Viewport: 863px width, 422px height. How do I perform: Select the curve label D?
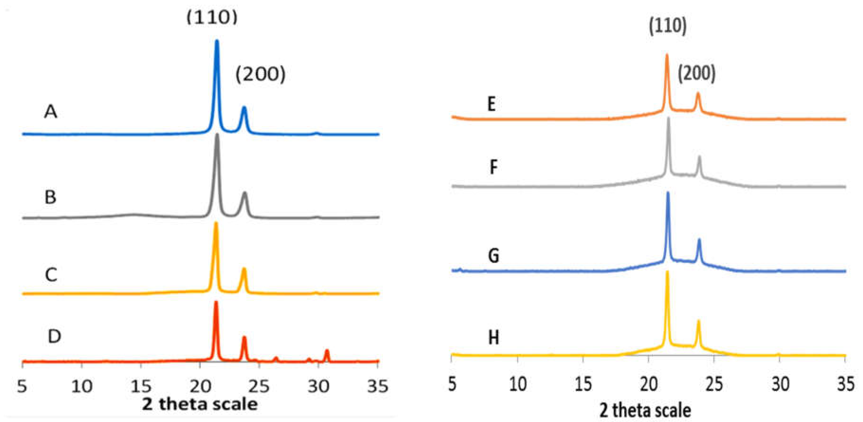[54, 336]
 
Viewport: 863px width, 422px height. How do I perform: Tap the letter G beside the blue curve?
[493, 256]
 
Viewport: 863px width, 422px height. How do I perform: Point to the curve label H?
[493, 338]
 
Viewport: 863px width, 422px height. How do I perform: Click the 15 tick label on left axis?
[141, 386]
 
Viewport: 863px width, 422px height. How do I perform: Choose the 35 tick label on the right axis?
[845, 384]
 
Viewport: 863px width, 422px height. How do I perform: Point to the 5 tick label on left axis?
[22, 386]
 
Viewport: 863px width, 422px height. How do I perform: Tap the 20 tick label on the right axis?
[649, 384]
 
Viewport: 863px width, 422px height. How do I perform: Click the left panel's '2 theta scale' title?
[200, 404]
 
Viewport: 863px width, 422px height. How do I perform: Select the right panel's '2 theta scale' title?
[645, 410]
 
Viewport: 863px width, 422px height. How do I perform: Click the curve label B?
[50, 197]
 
